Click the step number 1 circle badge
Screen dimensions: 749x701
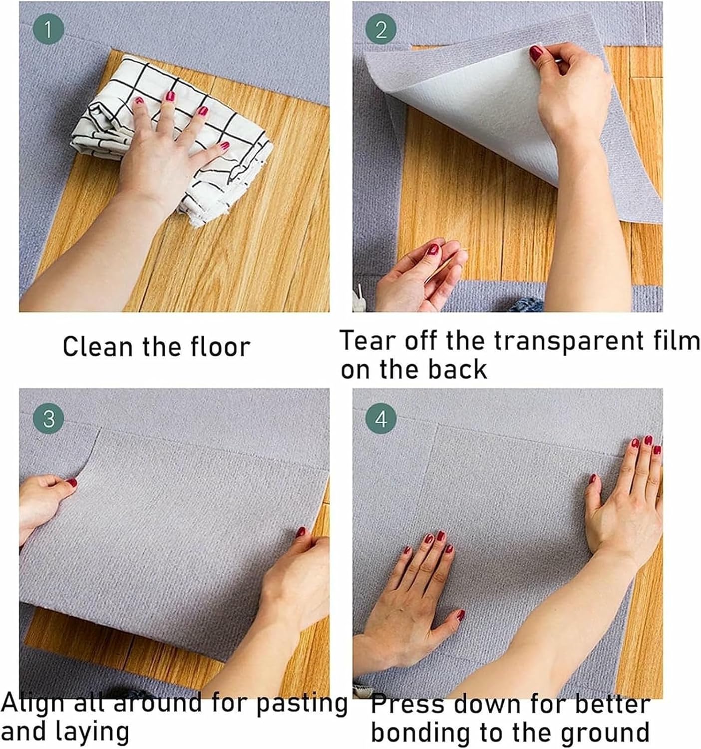click(48, 30)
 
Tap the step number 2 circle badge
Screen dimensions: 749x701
click(381, 30)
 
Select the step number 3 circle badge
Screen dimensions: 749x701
click(48, 418)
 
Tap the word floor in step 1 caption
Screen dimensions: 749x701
click(220, 347)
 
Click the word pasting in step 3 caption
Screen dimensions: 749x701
click(302, 703)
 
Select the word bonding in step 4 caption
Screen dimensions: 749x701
click(421, 732)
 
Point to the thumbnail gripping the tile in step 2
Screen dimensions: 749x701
click(536, 52)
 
